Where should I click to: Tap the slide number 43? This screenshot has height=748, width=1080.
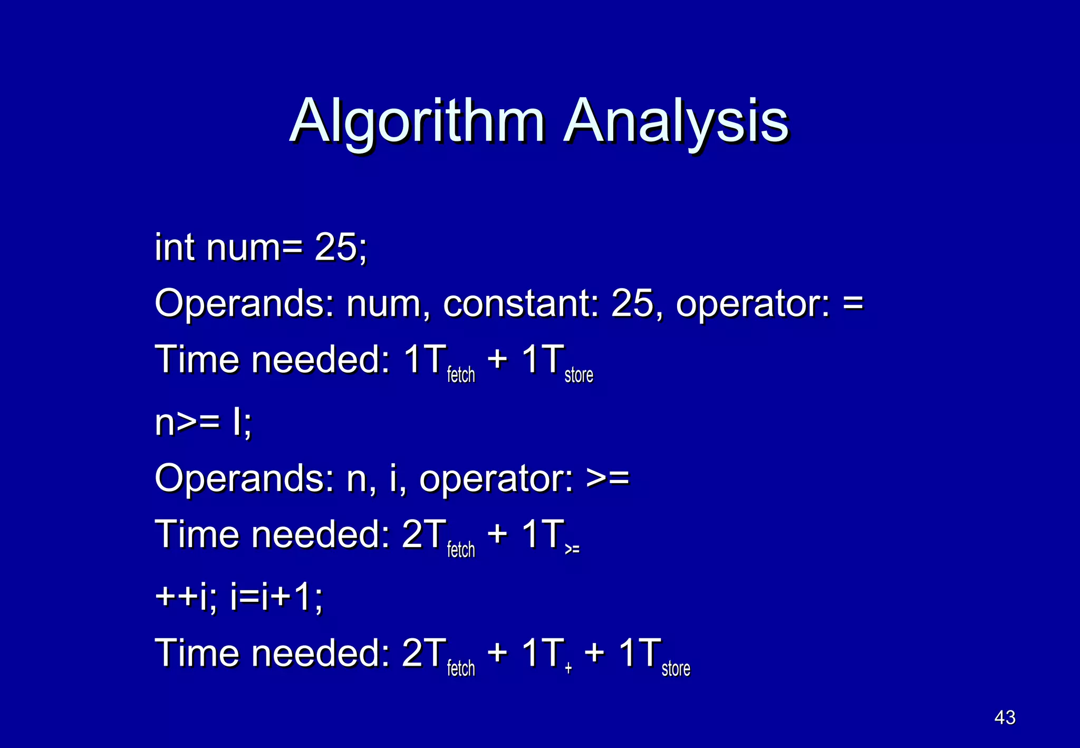[1005, 717]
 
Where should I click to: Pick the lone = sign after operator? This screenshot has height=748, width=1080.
[853, 304]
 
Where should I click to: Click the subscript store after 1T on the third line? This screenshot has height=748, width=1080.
[578, 375]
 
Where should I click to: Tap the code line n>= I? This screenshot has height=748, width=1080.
[204, 423]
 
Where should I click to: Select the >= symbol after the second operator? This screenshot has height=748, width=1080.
[607, 478]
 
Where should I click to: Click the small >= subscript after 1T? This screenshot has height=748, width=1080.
[572, 550]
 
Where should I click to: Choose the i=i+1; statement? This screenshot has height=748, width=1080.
[277, 598]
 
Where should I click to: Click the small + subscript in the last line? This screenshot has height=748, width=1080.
[568, 668]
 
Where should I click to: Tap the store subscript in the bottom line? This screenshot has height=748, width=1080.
[676, 668]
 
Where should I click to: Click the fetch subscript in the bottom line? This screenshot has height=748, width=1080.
[461, 668]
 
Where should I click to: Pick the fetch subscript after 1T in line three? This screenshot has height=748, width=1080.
[461, 375]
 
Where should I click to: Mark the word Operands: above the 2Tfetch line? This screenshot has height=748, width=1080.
[244, 478]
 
